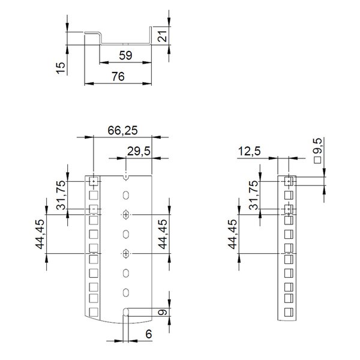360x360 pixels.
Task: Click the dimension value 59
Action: tap(125, 56)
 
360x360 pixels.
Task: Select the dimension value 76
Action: tap(118, 77)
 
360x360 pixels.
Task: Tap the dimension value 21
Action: tap(163, 36)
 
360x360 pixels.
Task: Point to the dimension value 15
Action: tap(61, 68)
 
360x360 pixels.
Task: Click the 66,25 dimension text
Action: tap(123, 130)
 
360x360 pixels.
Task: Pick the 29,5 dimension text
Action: tap(139, 151)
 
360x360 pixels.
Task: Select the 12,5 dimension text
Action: tap(250, 151)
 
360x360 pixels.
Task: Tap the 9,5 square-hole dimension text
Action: tap(319, 147)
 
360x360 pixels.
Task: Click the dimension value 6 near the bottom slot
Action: tap(149, 334)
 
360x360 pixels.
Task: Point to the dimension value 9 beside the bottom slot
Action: tap(163, 312)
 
